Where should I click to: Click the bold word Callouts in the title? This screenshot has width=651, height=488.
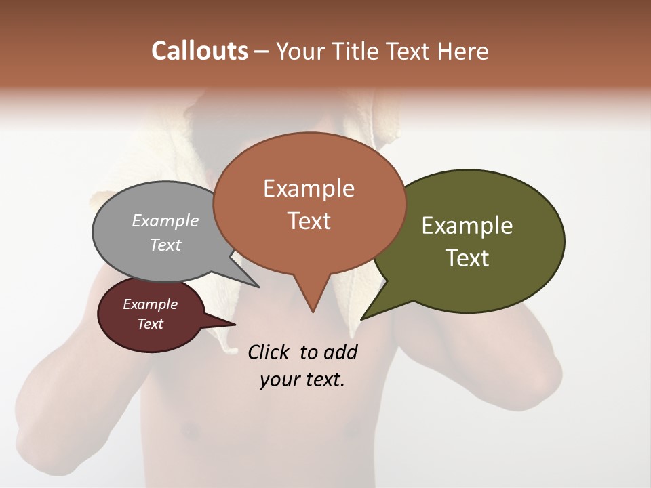pos(199,51)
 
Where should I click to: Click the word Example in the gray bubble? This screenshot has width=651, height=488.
pos(165,220)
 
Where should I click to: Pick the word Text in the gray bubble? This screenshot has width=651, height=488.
pos(165,245)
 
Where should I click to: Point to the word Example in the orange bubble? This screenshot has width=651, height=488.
pos(309,188)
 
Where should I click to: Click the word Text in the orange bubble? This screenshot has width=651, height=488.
pos(309,221)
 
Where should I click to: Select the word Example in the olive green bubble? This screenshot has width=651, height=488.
pos(467,226)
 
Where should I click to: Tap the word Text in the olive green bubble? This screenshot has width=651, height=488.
pos(467,258)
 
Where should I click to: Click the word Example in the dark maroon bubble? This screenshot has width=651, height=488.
pos(151,304)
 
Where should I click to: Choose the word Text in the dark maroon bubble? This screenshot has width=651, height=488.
pos(151,324)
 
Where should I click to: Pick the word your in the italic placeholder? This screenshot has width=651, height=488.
pos(278,380)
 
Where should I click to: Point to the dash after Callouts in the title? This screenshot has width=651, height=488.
pos(262,51)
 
